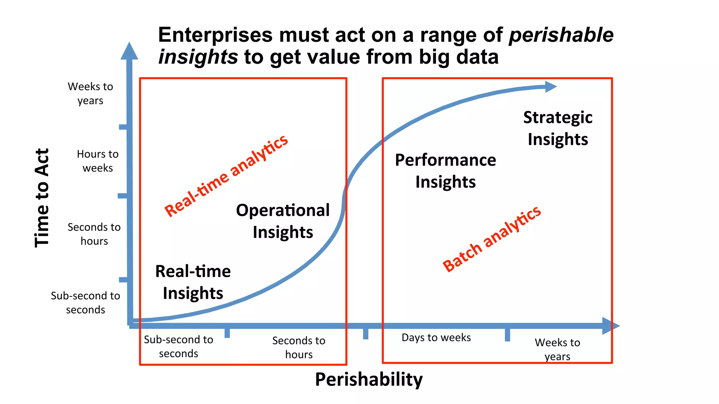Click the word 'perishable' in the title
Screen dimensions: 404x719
(561, 35)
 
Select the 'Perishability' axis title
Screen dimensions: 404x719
(369, 379)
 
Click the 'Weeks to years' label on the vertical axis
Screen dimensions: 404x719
(90, 93)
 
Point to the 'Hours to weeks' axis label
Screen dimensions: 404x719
(98, 161)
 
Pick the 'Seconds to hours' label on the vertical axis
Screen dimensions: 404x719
(94, 234)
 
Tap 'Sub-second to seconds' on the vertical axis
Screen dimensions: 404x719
(85, 303)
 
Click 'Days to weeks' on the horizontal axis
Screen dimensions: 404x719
(436, 337)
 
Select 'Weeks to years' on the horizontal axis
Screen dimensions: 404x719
(557, 349)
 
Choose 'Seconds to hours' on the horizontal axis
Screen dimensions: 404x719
(299, 347)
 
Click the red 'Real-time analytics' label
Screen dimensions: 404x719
(226, 176)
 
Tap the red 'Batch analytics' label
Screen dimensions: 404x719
(492, 238)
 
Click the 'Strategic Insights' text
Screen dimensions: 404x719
(558, 128)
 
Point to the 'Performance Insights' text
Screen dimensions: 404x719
(445, 171)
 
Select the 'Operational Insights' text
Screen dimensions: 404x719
(283, 221)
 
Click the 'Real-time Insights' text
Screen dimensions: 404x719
(193, 282)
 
